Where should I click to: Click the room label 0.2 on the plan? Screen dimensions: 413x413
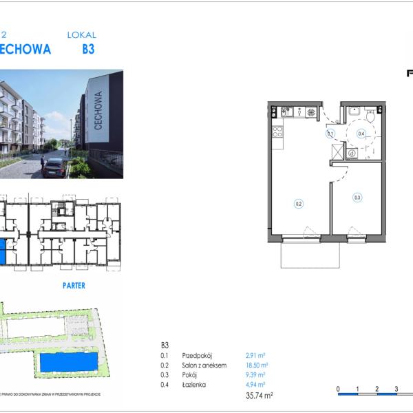(x=299, y=203)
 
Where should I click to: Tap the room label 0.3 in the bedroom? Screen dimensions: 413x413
(x=357, y=198)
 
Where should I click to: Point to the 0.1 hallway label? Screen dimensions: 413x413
(x=330, y=134)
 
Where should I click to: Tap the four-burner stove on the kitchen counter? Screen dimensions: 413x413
(x=311, y=112)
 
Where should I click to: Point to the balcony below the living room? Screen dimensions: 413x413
(x=310, y=255)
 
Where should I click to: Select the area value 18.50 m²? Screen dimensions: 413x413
(x=256, y=366)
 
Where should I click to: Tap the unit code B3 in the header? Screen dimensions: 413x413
(x=87, y=50)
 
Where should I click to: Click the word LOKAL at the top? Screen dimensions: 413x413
(x=82, y=34)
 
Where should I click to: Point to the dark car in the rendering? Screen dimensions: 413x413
(x=54, y=167)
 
